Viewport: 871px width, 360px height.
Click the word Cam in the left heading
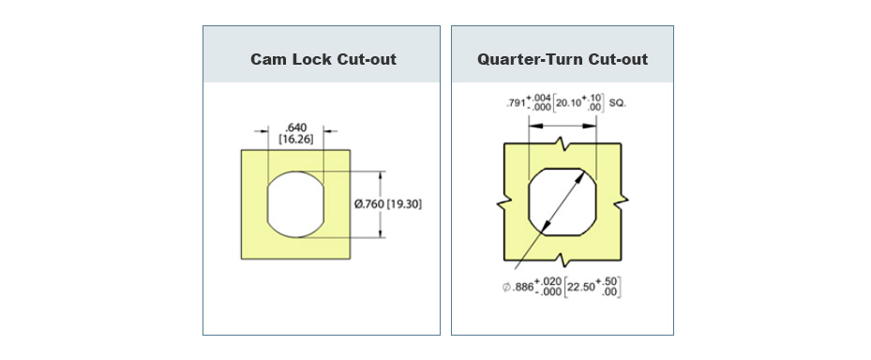[267, 59]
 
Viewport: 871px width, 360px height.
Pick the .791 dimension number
[512, 102]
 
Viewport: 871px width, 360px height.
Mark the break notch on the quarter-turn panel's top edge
[563, 146]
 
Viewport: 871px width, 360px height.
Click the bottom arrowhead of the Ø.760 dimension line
[381, 234]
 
